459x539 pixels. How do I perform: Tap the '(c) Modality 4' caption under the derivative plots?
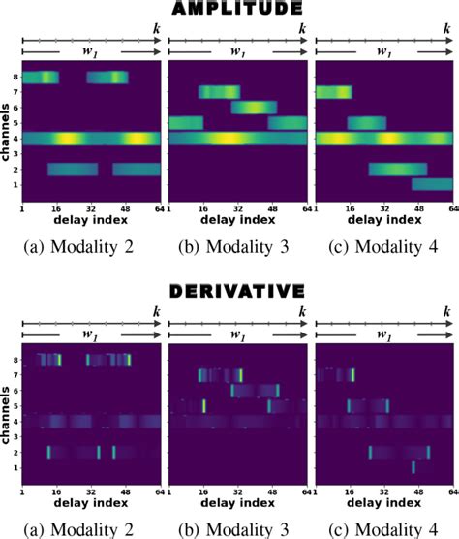click(386, 524)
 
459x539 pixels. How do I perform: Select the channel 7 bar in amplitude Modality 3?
click(219, 92)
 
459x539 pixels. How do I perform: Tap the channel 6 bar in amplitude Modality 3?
click(255, 108)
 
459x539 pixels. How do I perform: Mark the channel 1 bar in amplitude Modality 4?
click(431, 184)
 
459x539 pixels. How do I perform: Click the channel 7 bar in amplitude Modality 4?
click(334, 92)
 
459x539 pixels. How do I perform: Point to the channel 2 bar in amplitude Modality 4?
click(397, 170)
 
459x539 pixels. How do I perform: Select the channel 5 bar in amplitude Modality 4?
click(368, 123)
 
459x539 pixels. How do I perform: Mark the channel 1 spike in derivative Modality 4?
click(413, 467)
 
